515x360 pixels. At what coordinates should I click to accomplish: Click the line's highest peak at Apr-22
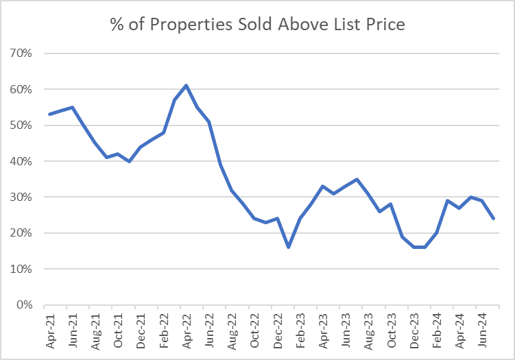click(187, 86)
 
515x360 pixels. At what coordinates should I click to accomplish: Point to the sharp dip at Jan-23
click(289, 247)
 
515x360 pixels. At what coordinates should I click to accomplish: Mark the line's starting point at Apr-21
click(50, 115)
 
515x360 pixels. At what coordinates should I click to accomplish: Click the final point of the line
click(494, 218)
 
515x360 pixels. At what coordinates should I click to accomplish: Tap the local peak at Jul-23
click(357, 179)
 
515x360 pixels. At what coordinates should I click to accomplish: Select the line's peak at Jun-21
click(73, 107)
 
